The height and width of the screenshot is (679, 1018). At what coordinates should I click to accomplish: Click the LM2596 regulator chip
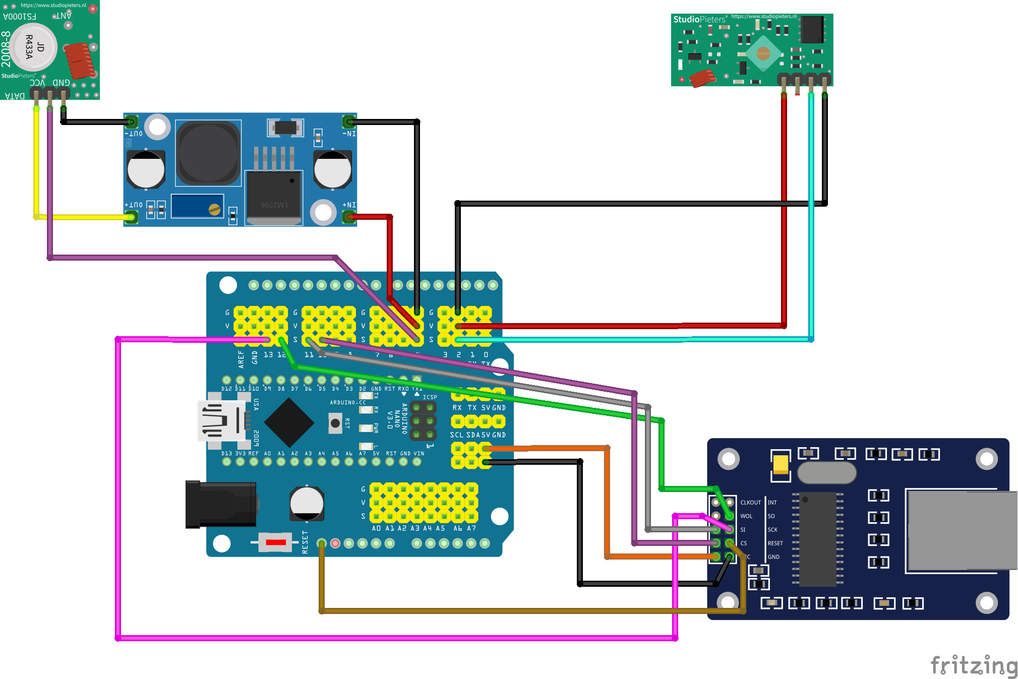tap(274, 197)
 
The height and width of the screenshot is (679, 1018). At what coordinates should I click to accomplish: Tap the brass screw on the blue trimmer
tap(214, 209)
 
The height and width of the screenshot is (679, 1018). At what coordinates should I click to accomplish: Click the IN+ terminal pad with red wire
tap(348, 217)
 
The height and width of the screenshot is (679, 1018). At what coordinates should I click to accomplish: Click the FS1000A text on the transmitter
tap(20, 17)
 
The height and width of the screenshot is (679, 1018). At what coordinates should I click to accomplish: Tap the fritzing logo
tap(973, 665)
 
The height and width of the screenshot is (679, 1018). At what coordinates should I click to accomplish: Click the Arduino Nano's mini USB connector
tap(222, 421)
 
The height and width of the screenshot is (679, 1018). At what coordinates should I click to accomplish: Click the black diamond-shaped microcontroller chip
tap(289, 422)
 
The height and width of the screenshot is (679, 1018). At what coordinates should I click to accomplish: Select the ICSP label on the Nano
tap(430, 397)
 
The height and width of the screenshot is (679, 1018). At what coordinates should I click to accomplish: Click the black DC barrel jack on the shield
tap(221, 504)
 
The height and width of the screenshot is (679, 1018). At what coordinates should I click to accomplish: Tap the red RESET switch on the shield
tap(275, 542)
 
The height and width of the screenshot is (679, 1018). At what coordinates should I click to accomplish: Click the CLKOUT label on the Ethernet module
tap(750, 503)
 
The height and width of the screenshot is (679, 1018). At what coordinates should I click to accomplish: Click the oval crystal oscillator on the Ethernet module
tap(827, 473)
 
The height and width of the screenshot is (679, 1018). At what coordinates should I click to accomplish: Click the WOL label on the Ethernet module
tap(746, 516)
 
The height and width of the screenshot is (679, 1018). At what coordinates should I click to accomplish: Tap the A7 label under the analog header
tap(471, 528)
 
